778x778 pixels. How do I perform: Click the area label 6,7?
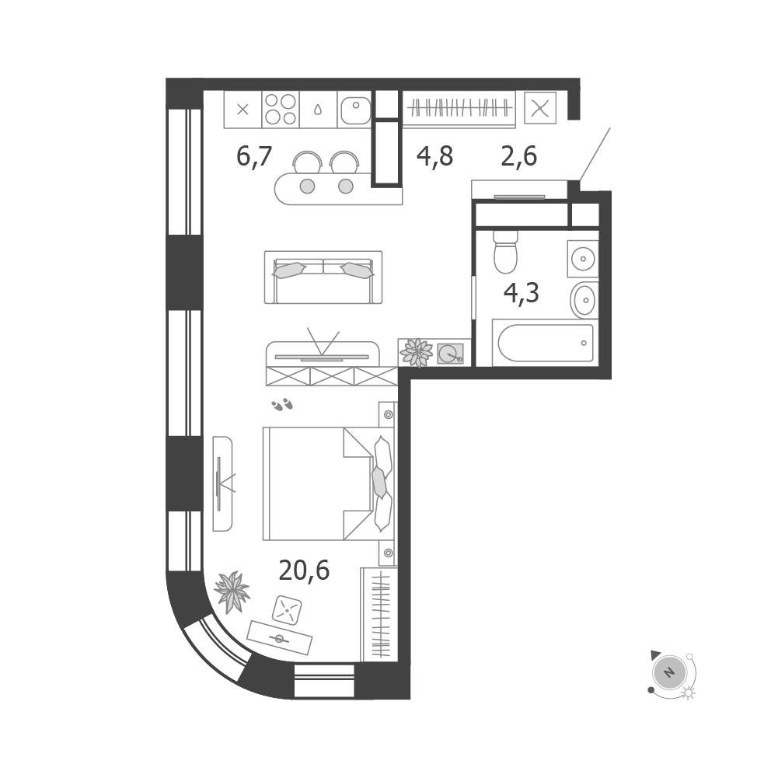click(254, 156)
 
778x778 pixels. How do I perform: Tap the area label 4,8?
click(434, 156)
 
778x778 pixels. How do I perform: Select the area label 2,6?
click(519, 156)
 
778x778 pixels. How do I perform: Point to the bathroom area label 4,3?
click(521, 293)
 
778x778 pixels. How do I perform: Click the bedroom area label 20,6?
click(304, 570)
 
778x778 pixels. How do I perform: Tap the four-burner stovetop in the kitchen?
click(281, 109)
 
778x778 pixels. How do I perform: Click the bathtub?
click(546, 343)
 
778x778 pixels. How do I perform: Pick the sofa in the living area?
click(323, 277)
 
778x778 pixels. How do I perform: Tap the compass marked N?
click(670, 673)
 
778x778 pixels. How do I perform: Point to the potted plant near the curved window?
click(231, 592)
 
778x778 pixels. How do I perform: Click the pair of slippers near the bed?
click(282, 405)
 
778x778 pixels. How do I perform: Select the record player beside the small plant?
click(451, 353)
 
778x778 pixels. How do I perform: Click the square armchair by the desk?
click(288, 610)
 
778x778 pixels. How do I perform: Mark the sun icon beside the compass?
click(689, 693)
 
